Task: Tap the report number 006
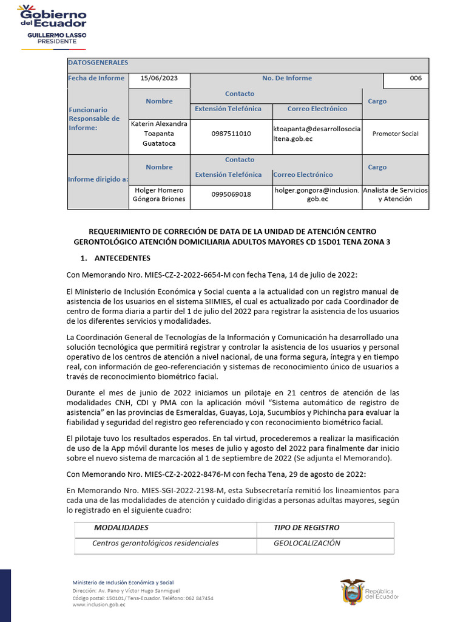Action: click(x=416, y=78)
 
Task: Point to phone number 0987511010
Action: click(x=231, y=134)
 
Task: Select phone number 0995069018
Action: click(x=231, y=194)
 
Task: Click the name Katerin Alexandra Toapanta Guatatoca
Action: click(x=159, y=134)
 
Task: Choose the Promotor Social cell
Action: click(x=395, y=134)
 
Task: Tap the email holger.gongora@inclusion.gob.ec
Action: click(x=317, y=194)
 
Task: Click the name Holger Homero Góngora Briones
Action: click(x=159, y=194)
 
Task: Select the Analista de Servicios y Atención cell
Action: click(x=395, y=194)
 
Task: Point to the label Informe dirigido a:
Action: click(x=98, y=179)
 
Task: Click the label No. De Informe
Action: click(x=287, y=78)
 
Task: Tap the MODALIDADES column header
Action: click(x=121, y=528)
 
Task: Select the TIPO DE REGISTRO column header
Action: click(x=306, y=528)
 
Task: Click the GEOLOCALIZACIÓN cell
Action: click(x=307, y=543)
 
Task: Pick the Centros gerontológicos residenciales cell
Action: click(x=155, y=543)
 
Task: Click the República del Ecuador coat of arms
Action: click(x=352, y=591)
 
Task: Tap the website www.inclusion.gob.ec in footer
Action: click(x=99, y=605)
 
